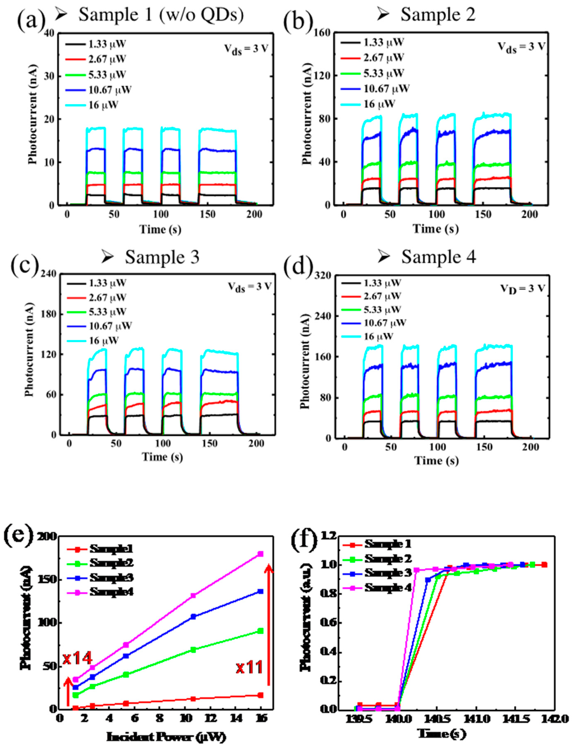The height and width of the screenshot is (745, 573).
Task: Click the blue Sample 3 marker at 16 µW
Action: pos(261,591)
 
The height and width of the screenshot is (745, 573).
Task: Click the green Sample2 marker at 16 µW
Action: pos(261,631)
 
